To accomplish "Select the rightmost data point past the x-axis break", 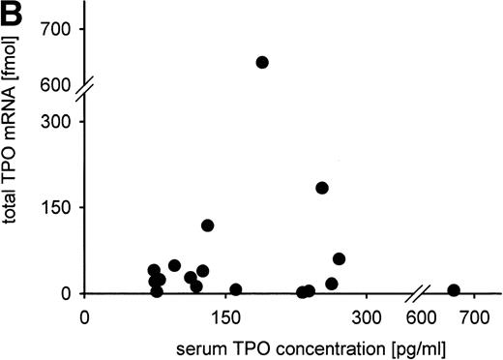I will click(454, 289).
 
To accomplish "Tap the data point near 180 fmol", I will click(322, 188).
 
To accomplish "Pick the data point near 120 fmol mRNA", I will click(207, 225).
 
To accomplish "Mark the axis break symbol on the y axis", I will click(85, 94).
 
